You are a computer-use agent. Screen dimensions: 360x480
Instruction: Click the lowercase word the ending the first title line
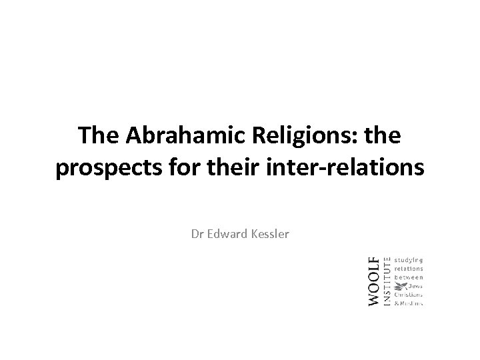(x=381, y=137)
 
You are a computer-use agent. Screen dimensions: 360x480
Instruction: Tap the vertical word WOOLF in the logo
(x=374, y=281)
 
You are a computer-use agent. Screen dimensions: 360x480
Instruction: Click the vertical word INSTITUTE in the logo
(x=387, y=281)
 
